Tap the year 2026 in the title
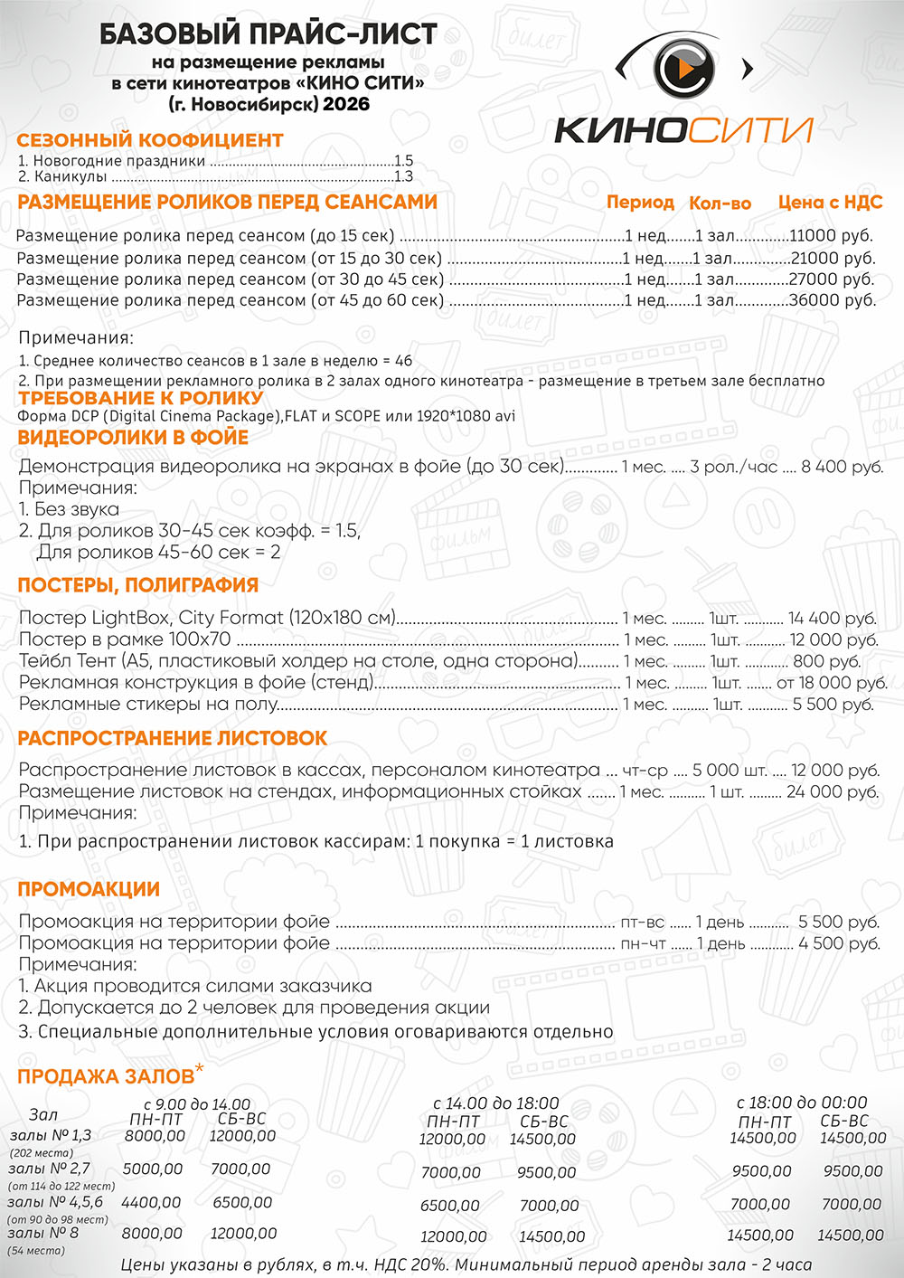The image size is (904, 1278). coord(346,104)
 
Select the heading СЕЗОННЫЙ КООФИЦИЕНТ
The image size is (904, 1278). coord(150,140)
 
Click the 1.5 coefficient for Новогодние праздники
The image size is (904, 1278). coord(403,161)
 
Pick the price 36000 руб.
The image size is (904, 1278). coord(833,300)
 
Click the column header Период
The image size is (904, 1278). coord(640,203)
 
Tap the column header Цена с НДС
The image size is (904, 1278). coord(830,203)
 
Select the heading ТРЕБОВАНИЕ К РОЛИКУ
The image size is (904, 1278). coord(141,398)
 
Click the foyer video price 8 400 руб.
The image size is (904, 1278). coord(842,467)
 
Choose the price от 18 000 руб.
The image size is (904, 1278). coord(832,683)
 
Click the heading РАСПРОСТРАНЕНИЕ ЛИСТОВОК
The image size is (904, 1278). coord(173,738)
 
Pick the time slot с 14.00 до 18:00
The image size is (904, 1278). coord(496,1103)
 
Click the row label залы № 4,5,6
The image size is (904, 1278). coord(55,1202)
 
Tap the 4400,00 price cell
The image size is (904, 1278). coord(151,1203)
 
